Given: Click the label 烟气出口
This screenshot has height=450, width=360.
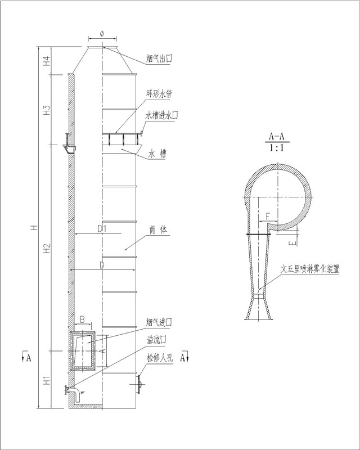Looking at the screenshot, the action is click(x=159, y=59).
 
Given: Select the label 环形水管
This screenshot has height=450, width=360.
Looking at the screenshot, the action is click(x=160, y=94).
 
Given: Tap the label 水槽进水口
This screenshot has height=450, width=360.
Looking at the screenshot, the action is click(x=162, y=115).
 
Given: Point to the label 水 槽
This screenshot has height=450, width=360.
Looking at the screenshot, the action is click(x=157, y=154).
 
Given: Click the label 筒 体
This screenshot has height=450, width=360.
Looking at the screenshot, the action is click(x=158, y=230).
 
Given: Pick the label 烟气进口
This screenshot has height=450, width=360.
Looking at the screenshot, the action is click(x=159, y=322).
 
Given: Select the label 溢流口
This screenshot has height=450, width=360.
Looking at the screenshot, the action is click(x=156, y=340).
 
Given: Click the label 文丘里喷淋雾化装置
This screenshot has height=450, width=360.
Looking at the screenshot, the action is click(x=310, y=269).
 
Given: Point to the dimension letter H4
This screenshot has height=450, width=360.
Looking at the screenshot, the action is click(x=47, y=61).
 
